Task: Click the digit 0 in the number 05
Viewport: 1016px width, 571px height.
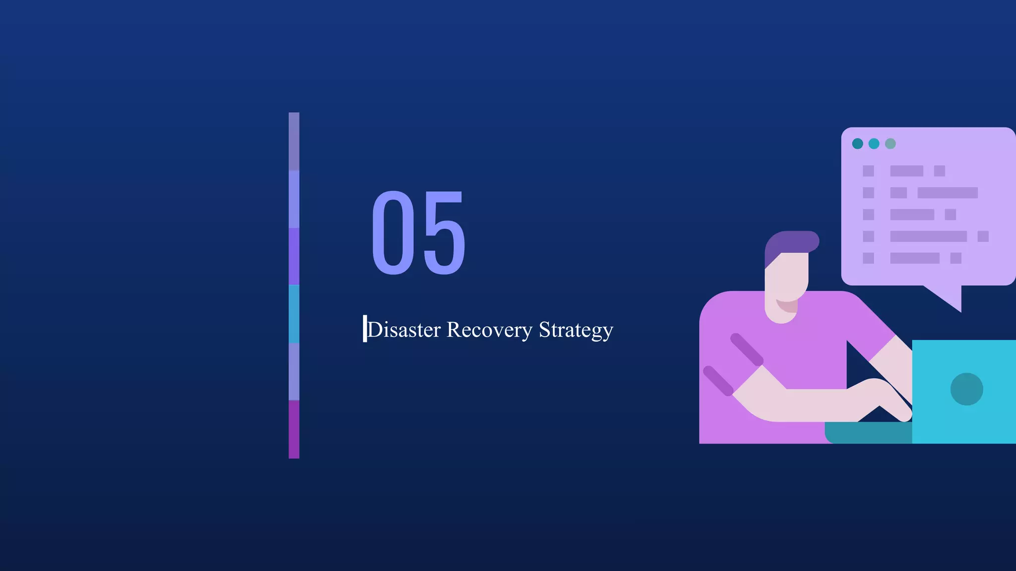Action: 393,233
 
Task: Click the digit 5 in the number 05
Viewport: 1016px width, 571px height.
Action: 444,233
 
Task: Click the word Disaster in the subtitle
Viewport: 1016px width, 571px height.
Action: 404,330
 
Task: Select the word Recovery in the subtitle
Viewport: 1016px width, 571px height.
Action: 489,330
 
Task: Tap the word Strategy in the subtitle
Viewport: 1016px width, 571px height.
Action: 576,330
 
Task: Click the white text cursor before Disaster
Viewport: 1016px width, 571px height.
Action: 365,328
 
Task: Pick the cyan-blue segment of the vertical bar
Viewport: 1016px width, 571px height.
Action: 294,314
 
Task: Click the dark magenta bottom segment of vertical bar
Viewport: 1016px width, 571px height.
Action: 294,429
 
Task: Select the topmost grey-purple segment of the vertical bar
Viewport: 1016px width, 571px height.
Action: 294,141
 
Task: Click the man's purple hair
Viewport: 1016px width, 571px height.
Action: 791,242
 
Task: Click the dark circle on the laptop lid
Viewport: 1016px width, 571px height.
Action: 966,389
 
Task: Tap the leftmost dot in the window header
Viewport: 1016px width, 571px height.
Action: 857,144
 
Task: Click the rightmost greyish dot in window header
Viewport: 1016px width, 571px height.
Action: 890,144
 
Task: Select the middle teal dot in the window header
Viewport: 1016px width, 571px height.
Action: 874,144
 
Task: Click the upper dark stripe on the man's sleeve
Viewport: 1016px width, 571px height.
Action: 746,349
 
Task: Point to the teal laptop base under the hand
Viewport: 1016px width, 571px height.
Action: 868,433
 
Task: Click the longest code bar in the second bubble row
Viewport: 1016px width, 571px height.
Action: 947,193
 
